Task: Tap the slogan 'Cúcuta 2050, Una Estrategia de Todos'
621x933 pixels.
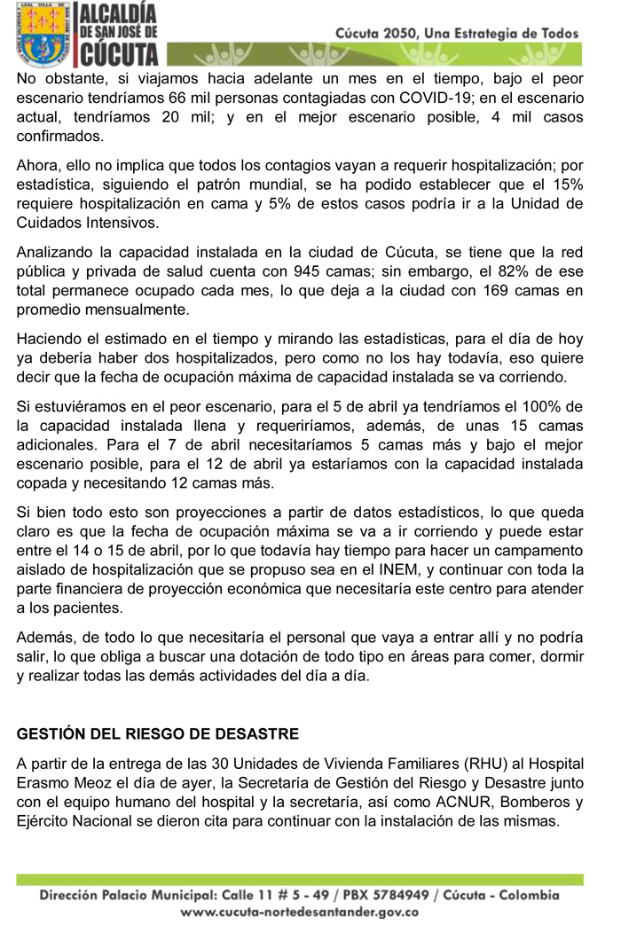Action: tap(457, 33)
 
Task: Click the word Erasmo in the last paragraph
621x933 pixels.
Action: tap(45, 782)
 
